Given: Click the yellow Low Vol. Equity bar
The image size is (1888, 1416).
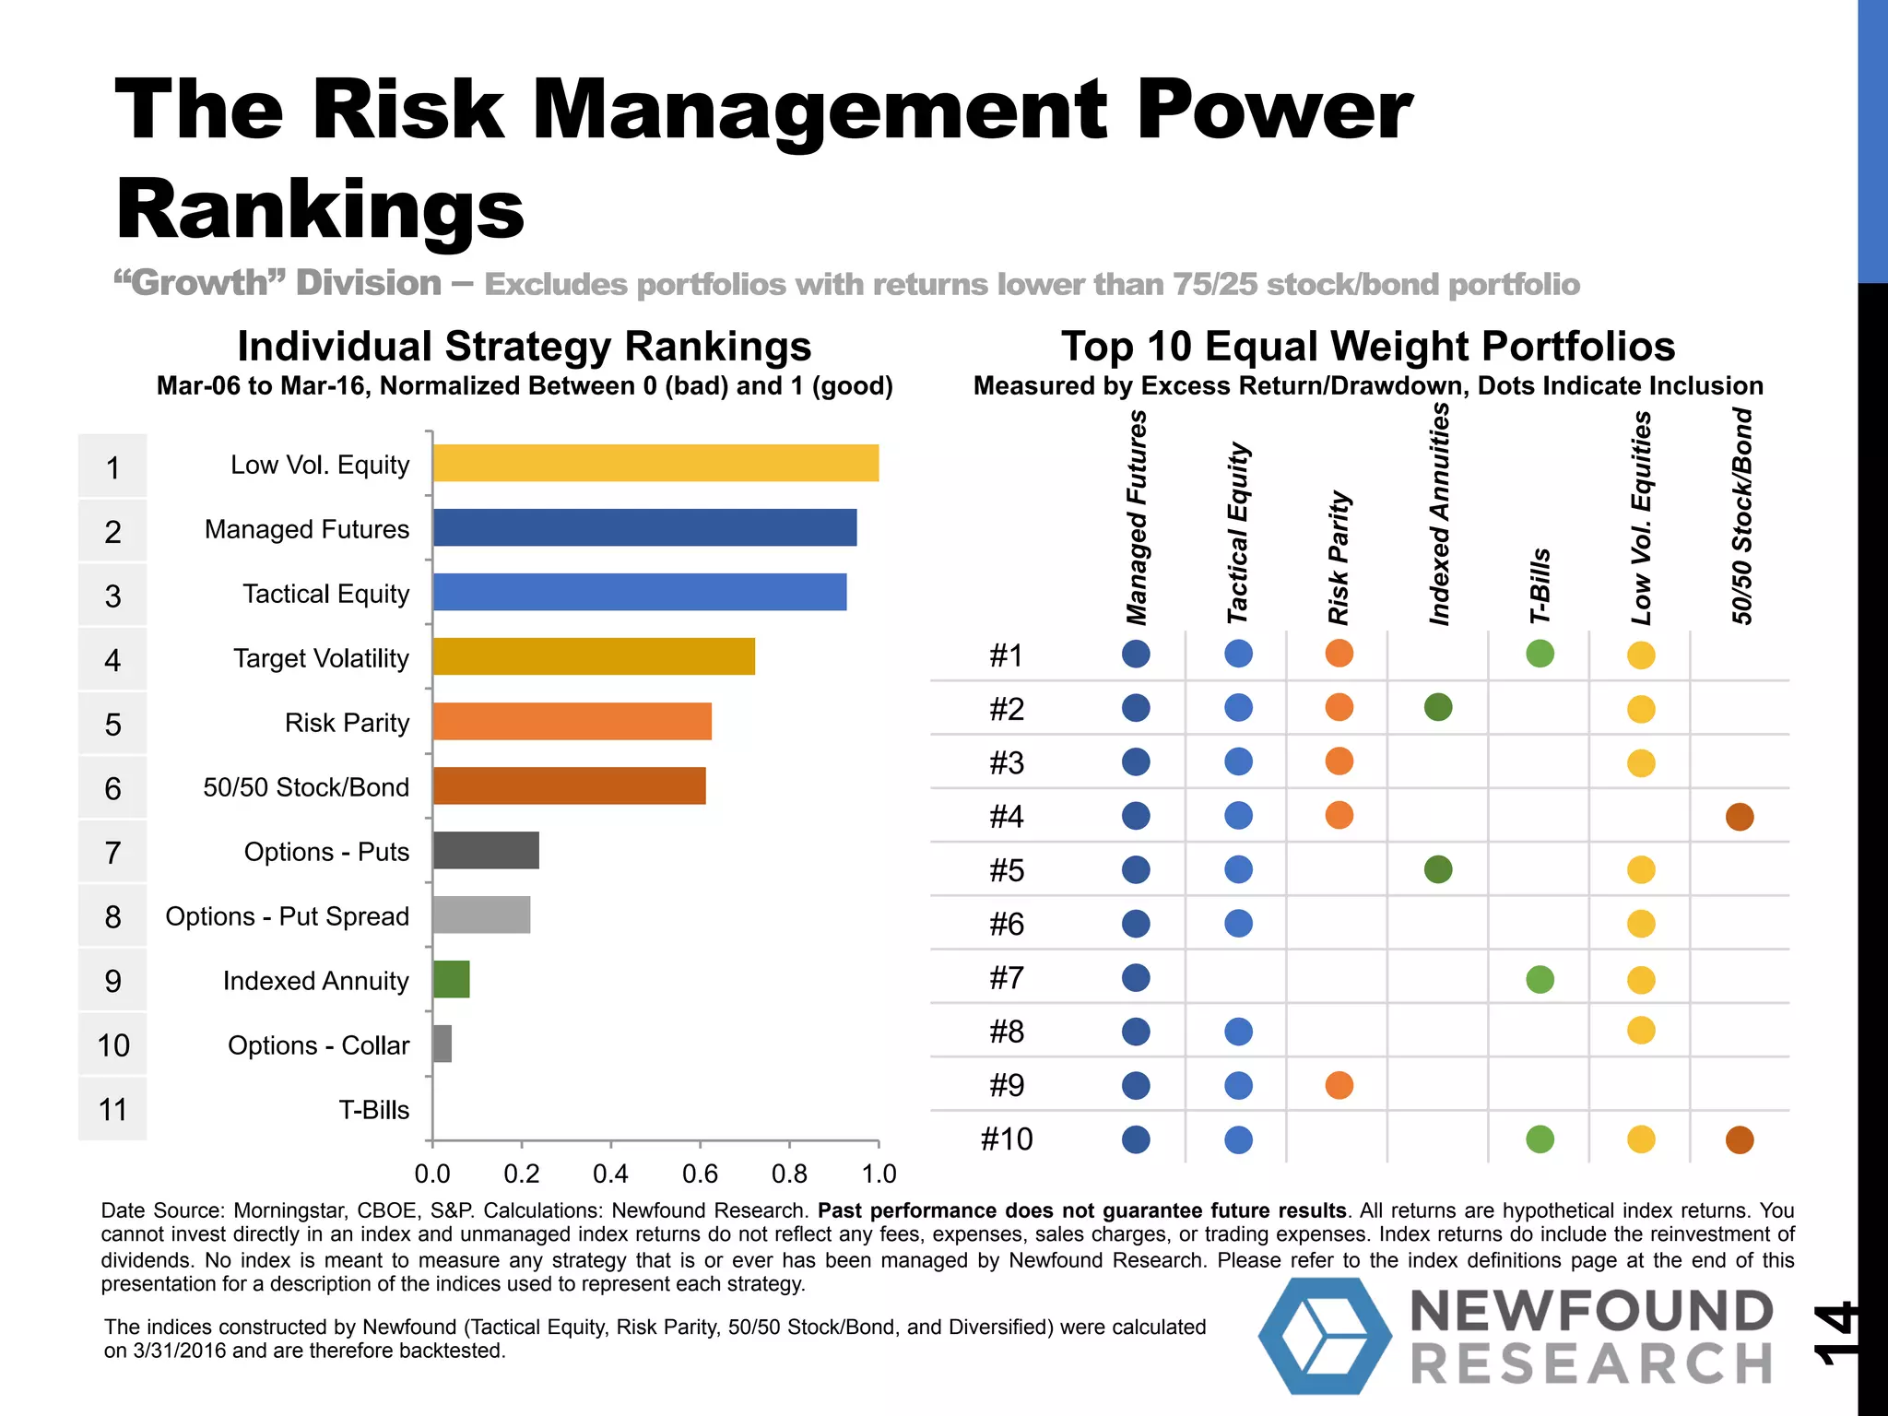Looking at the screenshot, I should click(655, 463).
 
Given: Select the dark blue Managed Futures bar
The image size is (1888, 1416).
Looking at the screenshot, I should click(644, 527).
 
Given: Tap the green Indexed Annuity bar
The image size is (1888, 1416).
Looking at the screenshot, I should click(451, 979).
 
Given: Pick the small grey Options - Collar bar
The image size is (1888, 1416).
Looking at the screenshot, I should click(442, 1044).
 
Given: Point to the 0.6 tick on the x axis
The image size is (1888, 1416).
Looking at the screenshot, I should click(700, 1174).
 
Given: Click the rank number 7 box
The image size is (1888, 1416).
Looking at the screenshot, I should click(112, 853).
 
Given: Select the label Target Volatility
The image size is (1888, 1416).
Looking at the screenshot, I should click(321, 658).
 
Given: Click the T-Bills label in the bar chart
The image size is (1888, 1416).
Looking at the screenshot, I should click(373, 1110).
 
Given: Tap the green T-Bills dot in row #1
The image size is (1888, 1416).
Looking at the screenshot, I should click(1540, 654).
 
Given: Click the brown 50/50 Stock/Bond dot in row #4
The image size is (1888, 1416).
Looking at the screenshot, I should click(1739, 816).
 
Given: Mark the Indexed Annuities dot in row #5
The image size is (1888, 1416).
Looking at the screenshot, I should click(1438, 869).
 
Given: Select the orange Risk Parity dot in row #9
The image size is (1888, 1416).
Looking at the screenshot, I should click(1339, 1085).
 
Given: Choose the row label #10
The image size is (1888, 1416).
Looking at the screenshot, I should click(1007, 1139).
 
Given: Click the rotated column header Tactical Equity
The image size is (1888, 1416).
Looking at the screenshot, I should click(1237, 533).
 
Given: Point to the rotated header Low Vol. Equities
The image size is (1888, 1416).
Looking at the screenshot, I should click(1641, 518).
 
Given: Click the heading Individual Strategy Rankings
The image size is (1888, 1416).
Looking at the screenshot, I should click(524, 348).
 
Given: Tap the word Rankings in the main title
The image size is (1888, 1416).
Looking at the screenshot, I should click(320, 209).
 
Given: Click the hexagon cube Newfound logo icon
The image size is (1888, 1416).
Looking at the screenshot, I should click(1325, 1335).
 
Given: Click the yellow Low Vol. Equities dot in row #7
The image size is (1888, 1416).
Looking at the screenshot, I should click(1641, 979).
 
